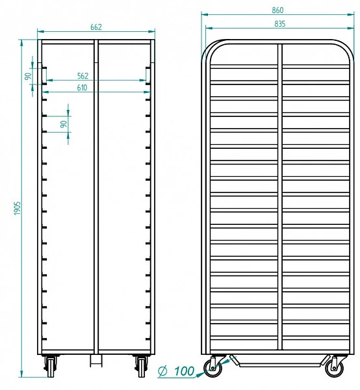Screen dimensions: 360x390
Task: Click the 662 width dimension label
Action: click(96, 27)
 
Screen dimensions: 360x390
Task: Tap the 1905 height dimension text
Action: click(17, 208)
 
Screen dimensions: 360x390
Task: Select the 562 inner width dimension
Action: click(83, 76)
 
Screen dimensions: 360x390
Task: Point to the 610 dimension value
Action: click(82, 88)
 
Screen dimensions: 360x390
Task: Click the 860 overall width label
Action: click(277, 10)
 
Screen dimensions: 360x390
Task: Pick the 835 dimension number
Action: click(280, 24)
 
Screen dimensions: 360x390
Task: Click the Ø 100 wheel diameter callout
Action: click(176, 371)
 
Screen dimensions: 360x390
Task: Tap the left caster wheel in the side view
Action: click(212, 368)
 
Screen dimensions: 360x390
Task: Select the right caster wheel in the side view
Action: click(335, 368)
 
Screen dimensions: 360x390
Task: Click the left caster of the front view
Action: click(51, 365)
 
